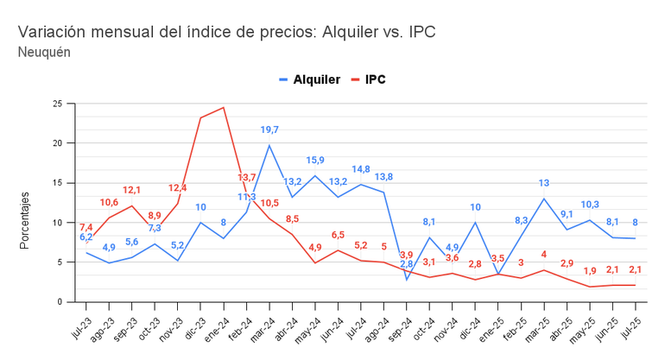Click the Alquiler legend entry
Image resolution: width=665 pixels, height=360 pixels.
click(311, 79)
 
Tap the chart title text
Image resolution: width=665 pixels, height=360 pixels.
click(226, 32)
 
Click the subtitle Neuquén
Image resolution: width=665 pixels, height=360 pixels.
click(43, 52)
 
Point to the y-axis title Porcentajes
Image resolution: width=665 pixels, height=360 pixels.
click(25, 221)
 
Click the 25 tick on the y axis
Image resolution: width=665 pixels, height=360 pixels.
click(57, 104)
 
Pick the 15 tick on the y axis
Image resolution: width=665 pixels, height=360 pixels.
click(57, 183)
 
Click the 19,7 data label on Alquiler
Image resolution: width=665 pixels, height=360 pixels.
click(269, 130)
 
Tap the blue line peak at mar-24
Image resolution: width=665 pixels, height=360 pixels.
click(269, 145)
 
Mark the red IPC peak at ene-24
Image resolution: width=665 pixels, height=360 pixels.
click(224, 107)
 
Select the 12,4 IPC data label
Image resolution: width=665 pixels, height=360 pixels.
click(178, 188)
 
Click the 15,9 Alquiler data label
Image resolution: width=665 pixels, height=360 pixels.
click(315, 161)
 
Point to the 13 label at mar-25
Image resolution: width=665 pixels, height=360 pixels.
click(544, 183)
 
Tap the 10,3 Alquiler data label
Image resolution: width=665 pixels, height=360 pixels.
click(590, 205)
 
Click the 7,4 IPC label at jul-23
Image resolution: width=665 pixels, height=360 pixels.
click(86, 227)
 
